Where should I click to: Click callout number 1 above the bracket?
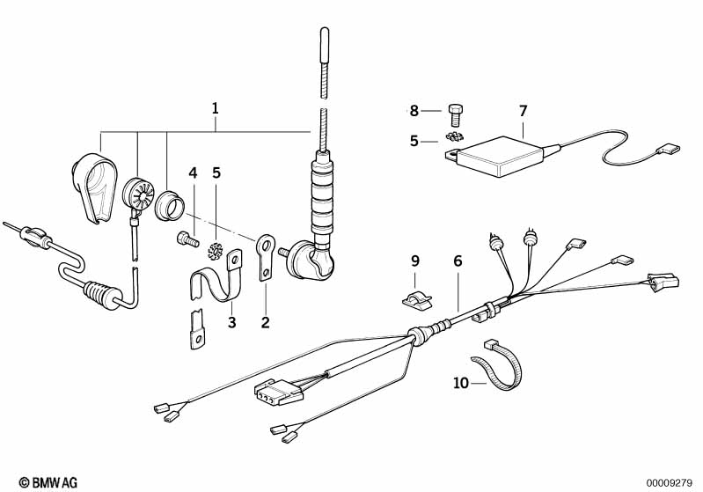click(x=215, y=109)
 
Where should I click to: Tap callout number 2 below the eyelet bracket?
click(x=265, y=322)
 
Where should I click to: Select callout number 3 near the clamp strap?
click(x=232, y=322)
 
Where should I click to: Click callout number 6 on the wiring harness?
click(x=458, y=261)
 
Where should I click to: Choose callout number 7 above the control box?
click(x=523, y=111)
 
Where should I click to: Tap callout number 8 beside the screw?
click(x=414, y=111)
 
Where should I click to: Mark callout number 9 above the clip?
click(x=414, y=261)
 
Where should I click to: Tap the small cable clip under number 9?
click(x=418, y=297)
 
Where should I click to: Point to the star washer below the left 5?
click(x=215, y=248)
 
